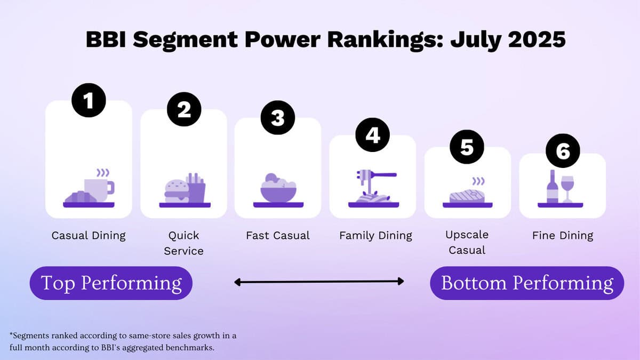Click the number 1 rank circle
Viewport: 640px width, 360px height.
point(89,100)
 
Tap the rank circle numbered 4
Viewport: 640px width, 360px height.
point(373,135)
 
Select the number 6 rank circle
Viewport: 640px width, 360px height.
point(563,150)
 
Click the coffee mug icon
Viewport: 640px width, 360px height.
point(99,189)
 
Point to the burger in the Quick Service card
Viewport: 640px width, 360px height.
point(177,191)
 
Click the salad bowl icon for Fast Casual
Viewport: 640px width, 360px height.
point(278,188)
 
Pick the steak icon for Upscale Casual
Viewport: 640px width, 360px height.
point(467,196)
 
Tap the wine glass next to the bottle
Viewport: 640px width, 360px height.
point(567,189)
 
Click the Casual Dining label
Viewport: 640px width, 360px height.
point(89,236)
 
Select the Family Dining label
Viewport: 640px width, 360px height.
point(375,236)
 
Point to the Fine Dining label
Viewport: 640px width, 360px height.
point(563,236)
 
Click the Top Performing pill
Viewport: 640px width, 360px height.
point(111,283)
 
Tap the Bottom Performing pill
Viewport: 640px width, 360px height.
point(527,283)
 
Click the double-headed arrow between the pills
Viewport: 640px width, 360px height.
point(319,282)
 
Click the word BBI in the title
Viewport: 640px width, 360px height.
point(106,39)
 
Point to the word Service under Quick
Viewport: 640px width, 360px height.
point(183,251)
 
